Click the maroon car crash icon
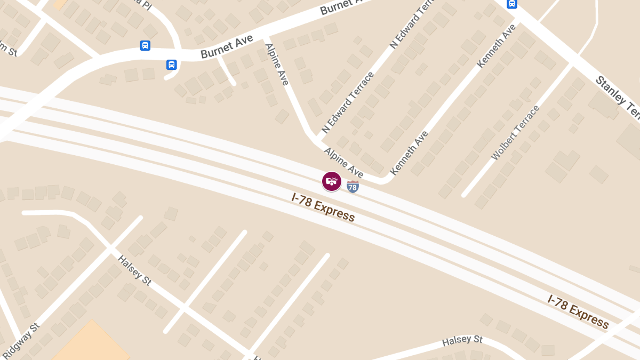pos(331,181)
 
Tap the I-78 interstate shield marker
pos(353,186)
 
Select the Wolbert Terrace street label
pos(515,133)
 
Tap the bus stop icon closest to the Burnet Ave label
pos(171,65)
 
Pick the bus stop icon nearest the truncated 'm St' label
pos(145,45)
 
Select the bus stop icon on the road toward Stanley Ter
pos(511,4)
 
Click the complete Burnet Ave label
pos(227,47)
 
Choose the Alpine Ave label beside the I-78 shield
pos(343,162)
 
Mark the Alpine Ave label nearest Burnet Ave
pos(277,64)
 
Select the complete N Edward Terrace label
pos(348,103)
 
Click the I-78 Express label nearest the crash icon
pos(323,206)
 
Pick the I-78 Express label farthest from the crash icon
pos(578,311)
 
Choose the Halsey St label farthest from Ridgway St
pos(462,340)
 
